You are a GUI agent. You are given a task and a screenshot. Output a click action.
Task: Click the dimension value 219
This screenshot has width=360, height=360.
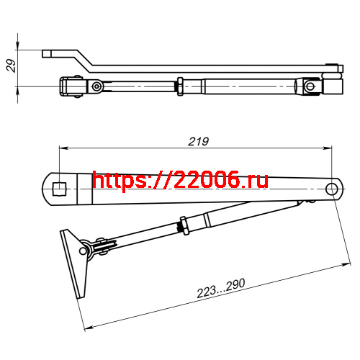click(x=197, y=142)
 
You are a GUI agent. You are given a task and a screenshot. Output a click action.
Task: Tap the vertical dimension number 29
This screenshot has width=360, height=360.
click(x=10, y=66)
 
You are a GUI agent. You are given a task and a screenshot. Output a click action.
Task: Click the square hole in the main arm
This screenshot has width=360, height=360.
click(x=59, y=189)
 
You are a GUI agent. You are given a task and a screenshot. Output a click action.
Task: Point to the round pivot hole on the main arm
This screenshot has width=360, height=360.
click(x=332, y=189)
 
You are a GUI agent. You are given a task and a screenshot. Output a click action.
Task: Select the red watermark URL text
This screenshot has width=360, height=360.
click(x=181, y=180)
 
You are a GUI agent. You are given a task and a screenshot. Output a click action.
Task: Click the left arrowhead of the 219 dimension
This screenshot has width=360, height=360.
click(x=62, y=149)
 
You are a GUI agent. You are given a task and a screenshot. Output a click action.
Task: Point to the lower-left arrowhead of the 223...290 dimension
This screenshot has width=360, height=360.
click(x=88, y=328)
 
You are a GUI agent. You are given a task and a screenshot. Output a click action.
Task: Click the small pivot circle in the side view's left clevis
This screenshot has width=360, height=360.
click(x=96, y=86)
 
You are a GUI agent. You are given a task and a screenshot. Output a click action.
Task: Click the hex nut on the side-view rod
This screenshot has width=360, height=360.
click(x=177, y=86)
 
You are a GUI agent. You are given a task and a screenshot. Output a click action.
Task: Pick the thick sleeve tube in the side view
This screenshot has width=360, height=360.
click(x=248, y=86)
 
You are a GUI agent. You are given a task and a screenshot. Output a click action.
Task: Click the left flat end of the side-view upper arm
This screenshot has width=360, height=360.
click(x=48, y=53)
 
